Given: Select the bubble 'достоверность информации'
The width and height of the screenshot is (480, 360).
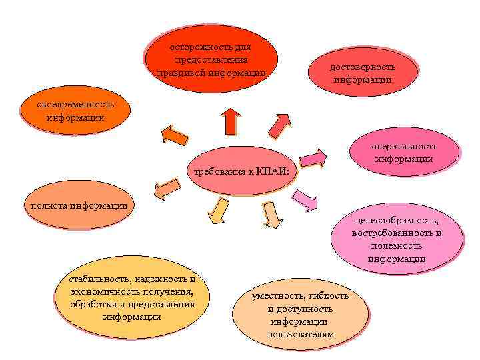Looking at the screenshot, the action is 363,73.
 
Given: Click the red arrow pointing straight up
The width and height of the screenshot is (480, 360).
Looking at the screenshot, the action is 230,121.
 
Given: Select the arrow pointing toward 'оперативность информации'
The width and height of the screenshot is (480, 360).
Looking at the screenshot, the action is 313,159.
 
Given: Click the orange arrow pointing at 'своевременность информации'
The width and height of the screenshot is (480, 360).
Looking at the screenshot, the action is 175,135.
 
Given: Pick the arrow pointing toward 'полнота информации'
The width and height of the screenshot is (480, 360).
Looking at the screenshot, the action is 167,190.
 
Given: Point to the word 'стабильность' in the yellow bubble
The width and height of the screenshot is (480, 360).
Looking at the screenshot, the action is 97,279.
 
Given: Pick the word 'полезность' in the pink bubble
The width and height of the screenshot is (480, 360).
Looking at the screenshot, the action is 397,246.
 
